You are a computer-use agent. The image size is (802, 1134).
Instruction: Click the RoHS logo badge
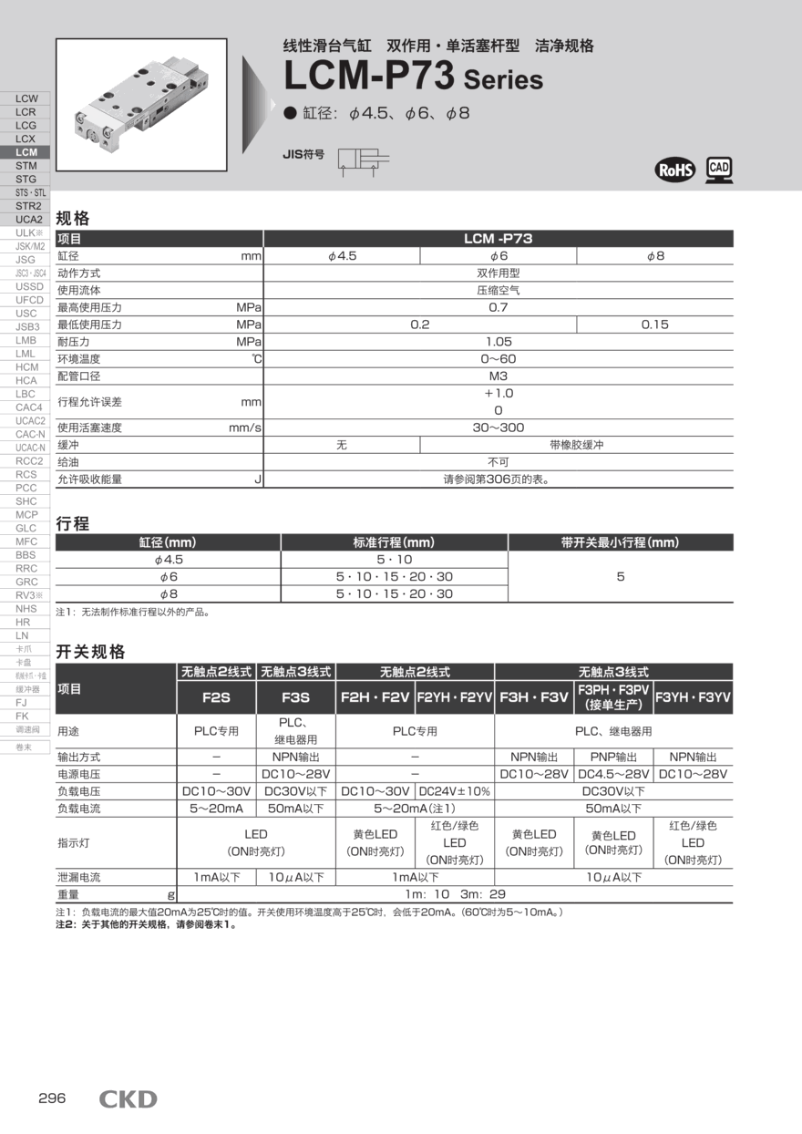(675, 170)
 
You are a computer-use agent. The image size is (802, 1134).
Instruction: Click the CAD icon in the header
(719, 169)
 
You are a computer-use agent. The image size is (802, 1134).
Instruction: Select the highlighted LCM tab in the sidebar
(26, 152)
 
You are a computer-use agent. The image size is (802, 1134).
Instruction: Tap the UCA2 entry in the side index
(27, 220)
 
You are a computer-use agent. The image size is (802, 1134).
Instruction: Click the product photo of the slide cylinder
(141, 105)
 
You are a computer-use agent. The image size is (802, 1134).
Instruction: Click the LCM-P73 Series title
(413, 77)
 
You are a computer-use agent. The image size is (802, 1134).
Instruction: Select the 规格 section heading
(73, 219)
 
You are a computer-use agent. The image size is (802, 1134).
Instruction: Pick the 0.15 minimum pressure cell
(654, 325)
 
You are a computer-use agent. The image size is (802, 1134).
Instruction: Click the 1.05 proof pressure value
(498, 342)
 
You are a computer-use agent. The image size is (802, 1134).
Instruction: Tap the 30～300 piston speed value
(498, 428)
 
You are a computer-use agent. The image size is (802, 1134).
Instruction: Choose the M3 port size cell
(498, 376)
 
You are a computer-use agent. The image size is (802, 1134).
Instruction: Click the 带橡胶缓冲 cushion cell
(576, 445)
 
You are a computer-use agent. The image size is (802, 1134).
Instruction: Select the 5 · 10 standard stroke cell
(394, 560)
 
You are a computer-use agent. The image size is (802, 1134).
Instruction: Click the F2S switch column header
(216, 698)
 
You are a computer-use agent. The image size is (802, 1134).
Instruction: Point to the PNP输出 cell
(613, 757)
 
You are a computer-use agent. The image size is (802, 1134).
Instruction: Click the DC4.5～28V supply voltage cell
(613, 774)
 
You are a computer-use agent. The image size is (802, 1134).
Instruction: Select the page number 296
(52, 1098)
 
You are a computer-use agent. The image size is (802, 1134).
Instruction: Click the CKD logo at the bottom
(128, 1099)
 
